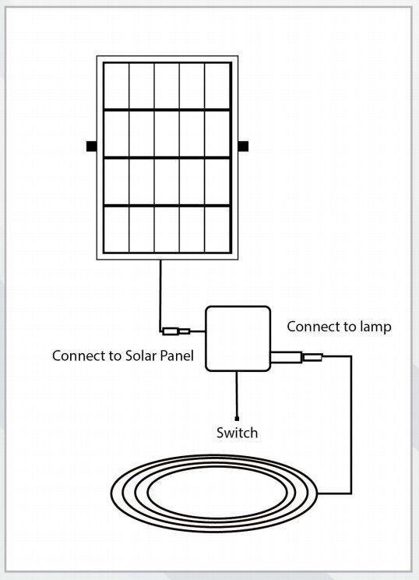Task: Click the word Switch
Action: [237, 432]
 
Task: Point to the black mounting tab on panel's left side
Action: [91, 146]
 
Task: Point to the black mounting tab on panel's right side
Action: [242, 146]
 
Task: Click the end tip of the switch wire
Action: [236, 419]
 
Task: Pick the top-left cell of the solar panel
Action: [116, 86]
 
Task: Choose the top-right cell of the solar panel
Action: [217, 86]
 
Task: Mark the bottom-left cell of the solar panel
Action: [116, 229]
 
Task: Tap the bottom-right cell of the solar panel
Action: [217, 229]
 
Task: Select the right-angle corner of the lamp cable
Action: [351, 358]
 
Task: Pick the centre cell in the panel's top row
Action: [167, 86]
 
